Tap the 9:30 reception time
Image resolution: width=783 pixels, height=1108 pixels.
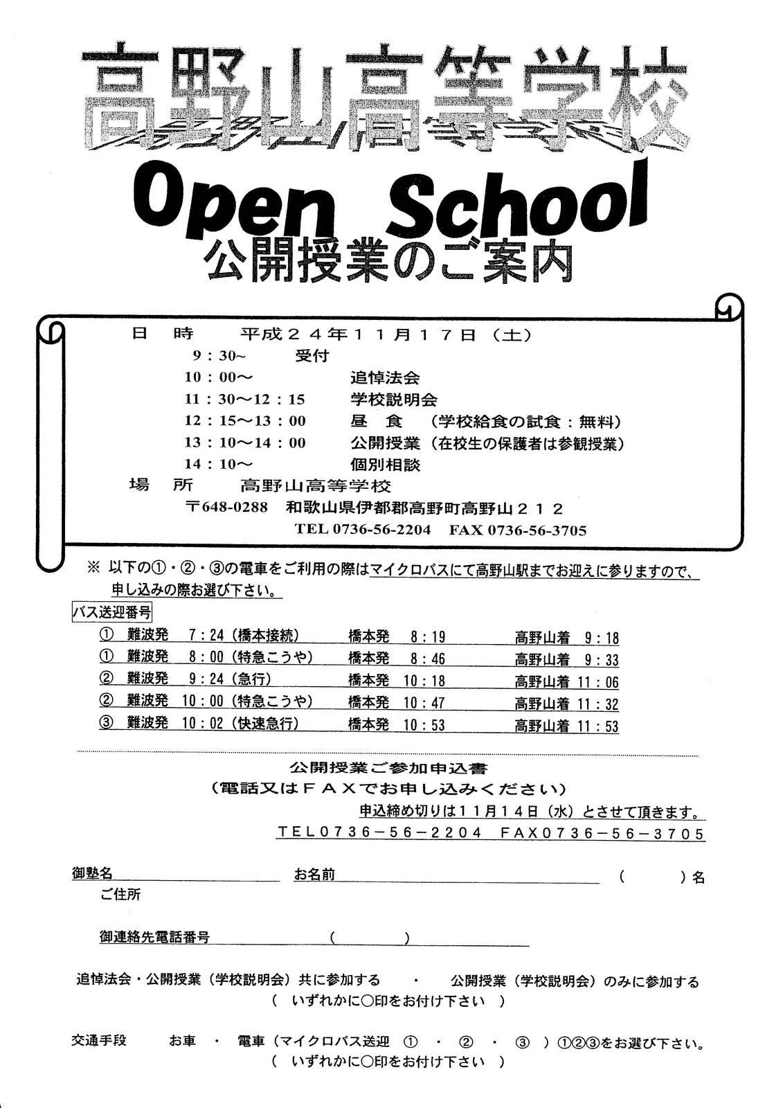219,357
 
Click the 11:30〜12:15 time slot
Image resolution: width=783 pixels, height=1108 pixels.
245,400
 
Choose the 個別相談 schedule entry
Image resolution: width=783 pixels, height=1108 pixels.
385,465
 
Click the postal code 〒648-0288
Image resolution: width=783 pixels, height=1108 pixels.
227,508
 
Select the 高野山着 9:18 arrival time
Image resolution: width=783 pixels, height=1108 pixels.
566,638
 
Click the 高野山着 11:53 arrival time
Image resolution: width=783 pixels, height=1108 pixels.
566,726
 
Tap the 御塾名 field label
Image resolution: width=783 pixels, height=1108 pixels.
92,874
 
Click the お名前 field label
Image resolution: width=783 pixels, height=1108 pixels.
314,875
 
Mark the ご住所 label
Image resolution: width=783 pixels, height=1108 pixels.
120,895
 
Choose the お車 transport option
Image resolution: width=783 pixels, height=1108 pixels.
182,1041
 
